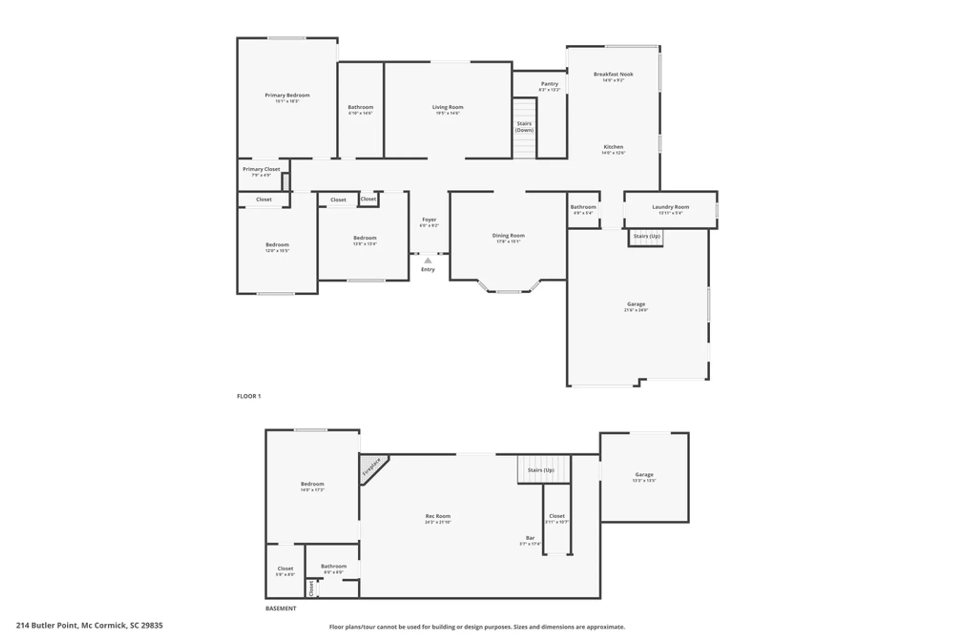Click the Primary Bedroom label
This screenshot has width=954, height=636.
point(287,95)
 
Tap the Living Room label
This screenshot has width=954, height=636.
point(447,107)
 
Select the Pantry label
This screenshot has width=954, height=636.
point(550,84)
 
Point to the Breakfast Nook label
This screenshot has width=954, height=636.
point(613,74)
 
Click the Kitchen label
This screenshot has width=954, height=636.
point(613,147)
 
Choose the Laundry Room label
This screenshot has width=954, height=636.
point(670,207)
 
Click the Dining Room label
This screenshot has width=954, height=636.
point(508,236)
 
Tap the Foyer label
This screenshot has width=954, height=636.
point(429,220)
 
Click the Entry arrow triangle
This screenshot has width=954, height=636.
point(428,261)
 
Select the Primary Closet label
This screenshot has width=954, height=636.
point(261,169)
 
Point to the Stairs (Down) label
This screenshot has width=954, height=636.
point(524,127)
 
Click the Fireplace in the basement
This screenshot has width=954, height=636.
point(371,467)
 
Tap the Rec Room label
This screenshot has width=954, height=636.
point(437,516)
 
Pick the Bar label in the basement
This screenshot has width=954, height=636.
point(530,538)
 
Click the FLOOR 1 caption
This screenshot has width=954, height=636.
point(249,396)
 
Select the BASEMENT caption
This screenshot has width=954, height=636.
point(280,608)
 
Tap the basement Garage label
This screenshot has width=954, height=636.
point(643,474)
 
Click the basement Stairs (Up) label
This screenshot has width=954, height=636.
point(540,470)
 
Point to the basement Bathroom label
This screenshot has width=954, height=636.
point(333,566)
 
